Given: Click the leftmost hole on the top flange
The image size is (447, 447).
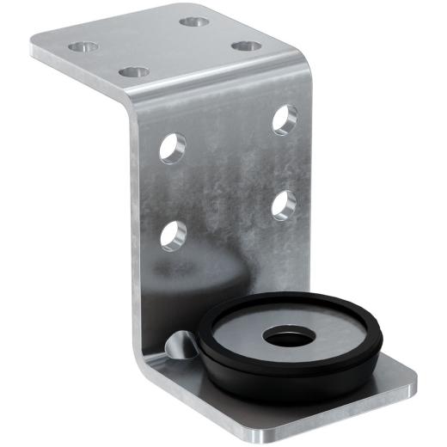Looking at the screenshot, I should [83, 46].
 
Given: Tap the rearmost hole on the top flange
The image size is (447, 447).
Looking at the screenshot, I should [193, 19].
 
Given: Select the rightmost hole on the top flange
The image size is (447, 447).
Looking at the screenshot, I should [246, 44].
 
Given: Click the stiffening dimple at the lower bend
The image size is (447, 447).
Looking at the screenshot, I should [179, 346].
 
